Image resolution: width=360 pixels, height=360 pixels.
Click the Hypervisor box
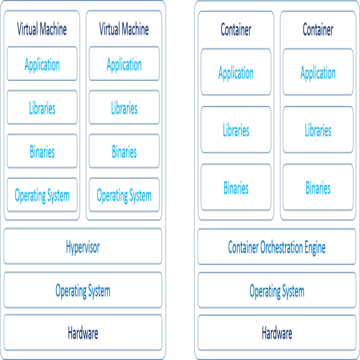click(83, 246)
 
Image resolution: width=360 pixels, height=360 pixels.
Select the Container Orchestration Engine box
click(277, 246)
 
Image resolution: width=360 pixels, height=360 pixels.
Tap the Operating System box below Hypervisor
click(83, 290)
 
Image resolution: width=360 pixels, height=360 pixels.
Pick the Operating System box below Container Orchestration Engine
click(277, 290)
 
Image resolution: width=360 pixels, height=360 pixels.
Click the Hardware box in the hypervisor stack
click(83, 333)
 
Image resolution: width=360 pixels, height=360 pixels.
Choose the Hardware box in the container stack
click(277, 333)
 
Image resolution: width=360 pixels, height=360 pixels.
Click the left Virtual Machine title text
click(42, 29)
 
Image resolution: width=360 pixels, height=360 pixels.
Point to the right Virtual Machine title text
click(124, 29)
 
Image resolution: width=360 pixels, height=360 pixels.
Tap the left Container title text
click(236, 30)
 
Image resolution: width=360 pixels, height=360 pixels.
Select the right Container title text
click(318, 30)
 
